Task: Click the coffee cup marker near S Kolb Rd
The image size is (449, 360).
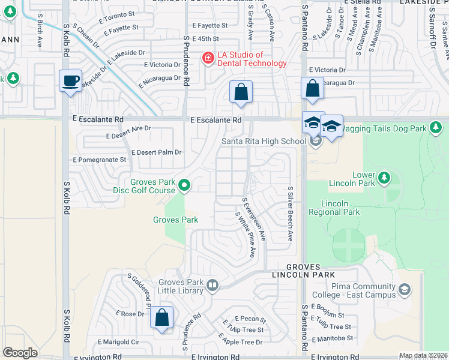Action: pyautogui.click(x=70, y=80)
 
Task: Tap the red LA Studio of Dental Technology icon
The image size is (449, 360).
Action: pyautogui.click(x=208, y=58)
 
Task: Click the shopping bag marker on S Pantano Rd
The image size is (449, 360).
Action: pyautogui.click(x=312, y=88)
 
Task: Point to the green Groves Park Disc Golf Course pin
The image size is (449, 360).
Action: pyautogui.click(x=185, y=187)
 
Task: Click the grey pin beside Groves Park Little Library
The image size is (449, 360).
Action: pyautogui.click(x=211, y=286)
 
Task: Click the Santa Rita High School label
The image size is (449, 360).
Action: pyautogui.click(x=264, y=141)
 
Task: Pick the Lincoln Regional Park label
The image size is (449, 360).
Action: pyautogui.click(x=334, y=208)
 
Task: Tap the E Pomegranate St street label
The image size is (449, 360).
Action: pyautogui.click(x=100, y=160)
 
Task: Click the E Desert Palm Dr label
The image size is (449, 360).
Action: pyautogui.click(x=156, y=152)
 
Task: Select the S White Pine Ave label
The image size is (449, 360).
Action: pyautogui.click(x=246, y=235)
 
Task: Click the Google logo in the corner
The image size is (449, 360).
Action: pyautogui.click(x=20, y=353)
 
